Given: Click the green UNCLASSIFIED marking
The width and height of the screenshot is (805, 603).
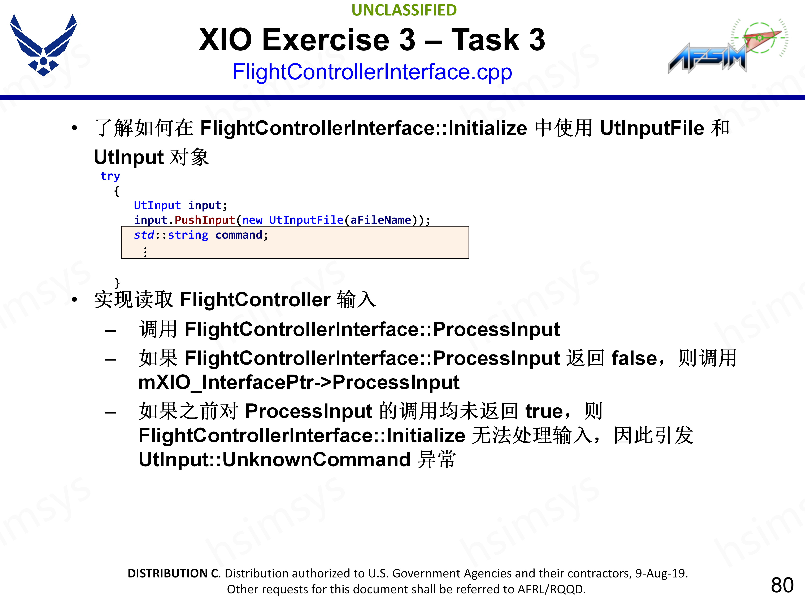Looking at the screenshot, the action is click(404, 10).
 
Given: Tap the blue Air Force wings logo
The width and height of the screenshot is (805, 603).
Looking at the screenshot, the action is click(43, 45).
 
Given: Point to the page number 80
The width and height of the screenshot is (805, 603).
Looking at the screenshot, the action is click(782, 585).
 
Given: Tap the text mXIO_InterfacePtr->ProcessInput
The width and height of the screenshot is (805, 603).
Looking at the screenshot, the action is click(299, 382).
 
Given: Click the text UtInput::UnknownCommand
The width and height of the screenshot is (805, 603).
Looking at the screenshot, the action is click(275, 459).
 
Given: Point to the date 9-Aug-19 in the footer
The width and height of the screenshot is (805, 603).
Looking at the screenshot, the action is click(661, 573).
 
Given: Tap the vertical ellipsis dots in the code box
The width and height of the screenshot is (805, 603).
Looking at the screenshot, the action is click(145, 251).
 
